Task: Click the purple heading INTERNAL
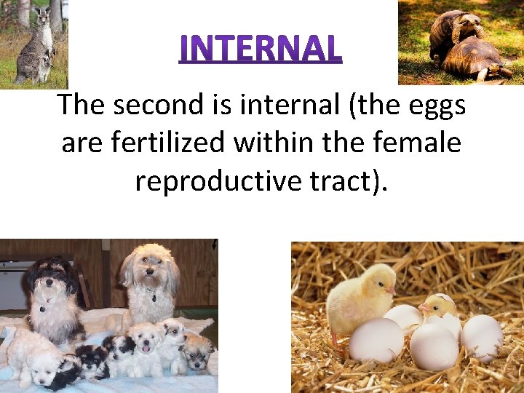click(x=261, y=49)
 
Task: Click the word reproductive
click(x=226, y=180)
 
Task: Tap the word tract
click(x=352, y=180)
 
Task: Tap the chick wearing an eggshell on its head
click(x=439, y=306)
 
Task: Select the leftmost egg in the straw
click(x=375, y=340)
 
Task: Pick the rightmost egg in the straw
click(x=481, y=336)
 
